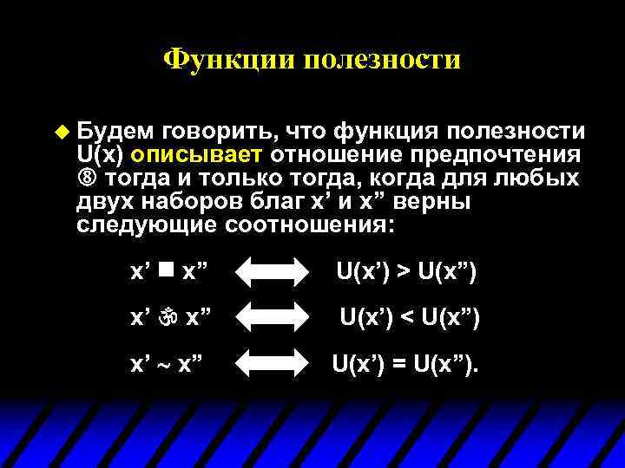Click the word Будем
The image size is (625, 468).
click(x=109, y=132)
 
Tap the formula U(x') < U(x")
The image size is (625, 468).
click(x=409, y=318)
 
